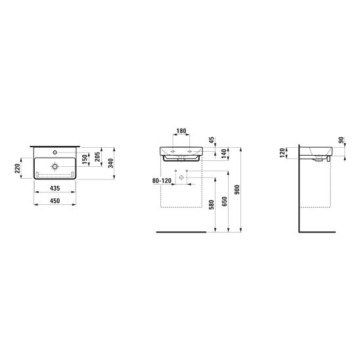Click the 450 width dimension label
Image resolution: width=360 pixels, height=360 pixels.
55,201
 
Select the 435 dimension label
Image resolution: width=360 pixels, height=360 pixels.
55,189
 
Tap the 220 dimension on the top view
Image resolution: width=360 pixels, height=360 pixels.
18,169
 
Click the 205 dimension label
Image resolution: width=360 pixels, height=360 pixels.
97,157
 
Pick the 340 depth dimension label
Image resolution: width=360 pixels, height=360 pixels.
110,163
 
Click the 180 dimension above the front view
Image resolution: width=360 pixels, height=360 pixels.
181,131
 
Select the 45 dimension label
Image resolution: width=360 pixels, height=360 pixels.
212,140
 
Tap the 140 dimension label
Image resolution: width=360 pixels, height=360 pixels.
224,153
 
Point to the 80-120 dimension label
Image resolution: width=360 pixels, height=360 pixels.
162,181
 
